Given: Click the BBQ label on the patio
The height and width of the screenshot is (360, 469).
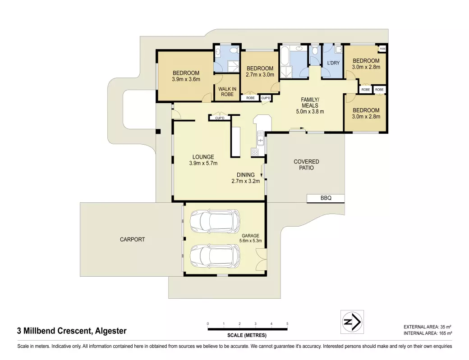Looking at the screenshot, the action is [326, 198].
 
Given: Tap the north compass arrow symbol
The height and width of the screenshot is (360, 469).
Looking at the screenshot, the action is [352, 322].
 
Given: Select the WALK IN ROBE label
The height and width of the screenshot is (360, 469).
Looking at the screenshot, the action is [227, 91].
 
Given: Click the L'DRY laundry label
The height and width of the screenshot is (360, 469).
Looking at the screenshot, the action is [333, 63].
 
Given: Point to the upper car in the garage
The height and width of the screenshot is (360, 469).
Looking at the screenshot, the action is [215, 221].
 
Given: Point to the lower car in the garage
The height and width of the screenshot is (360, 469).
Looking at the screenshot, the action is [215, 256].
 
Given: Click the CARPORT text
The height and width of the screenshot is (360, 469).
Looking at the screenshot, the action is [132, 239].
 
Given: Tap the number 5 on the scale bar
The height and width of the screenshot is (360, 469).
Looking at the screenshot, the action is [287, 324].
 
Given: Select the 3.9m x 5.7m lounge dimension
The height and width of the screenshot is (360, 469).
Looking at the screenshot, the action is [203, 163].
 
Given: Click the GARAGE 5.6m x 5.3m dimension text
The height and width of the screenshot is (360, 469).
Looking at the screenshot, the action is [250, 241].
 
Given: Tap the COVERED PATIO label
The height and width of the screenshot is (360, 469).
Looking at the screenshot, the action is [306, 164].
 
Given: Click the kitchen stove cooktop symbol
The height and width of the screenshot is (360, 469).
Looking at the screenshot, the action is [255, 152].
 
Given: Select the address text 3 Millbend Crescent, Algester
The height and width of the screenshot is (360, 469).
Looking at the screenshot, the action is [72, 331].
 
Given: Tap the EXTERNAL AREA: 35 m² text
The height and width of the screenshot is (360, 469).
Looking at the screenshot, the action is [428, 327].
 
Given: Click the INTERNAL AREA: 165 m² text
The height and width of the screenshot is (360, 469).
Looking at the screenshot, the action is [428, 333].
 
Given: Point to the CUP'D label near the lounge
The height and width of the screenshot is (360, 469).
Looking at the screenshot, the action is [220, 118].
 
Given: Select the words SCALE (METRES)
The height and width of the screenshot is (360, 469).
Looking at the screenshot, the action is [247, 335].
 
